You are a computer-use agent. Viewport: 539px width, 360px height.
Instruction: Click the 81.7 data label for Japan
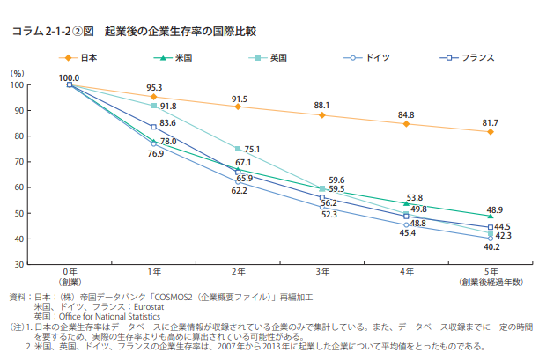(x=491, y=122)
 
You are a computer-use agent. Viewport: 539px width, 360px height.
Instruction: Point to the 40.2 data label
(x=491, y=247)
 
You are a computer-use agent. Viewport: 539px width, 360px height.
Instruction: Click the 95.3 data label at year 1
(x=154, y=87)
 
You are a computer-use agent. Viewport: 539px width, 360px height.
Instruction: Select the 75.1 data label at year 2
(x=252, y=150)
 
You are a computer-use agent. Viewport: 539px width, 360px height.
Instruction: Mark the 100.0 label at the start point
(x=70, y=78)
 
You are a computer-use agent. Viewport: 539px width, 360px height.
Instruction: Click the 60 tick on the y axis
(x=18, y=187)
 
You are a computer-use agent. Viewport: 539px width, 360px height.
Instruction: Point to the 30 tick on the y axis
(x=18, y=264)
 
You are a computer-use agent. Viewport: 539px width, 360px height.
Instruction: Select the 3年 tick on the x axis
(x=322, y=273)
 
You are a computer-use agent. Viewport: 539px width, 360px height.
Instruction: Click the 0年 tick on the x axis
(x=70, y=273)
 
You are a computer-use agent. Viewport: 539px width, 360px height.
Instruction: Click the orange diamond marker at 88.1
(x=322, y=115)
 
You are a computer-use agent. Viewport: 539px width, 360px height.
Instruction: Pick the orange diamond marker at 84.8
(x=406, y=123)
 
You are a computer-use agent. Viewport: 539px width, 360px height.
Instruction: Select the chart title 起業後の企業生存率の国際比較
(x=180, y=32)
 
